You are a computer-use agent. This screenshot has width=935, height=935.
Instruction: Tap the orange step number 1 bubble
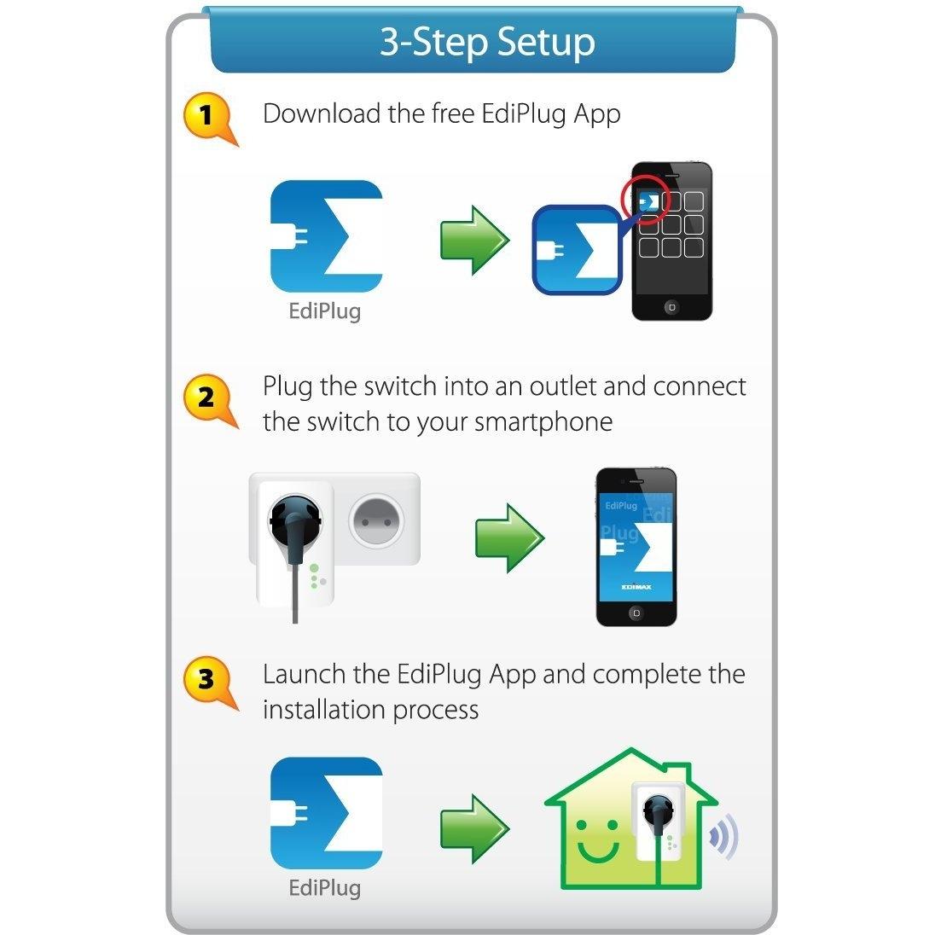(x=206, y=115)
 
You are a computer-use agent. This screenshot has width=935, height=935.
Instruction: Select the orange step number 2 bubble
(x=206, y=397)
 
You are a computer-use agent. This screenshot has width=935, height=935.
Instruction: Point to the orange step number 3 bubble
(x=206, y=680)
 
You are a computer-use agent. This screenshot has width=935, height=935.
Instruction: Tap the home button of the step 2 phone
(x=635, y=613)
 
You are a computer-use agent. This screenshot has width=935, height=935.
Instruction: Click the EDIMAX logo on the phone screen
(x=636, y=586)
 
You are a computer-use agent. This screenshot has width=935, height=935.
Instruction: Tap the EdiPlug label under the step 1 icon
(x=325, y=311)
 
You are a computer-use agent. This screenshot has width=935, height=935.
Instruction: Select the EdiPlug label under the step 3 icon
(x=325, y=887)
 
